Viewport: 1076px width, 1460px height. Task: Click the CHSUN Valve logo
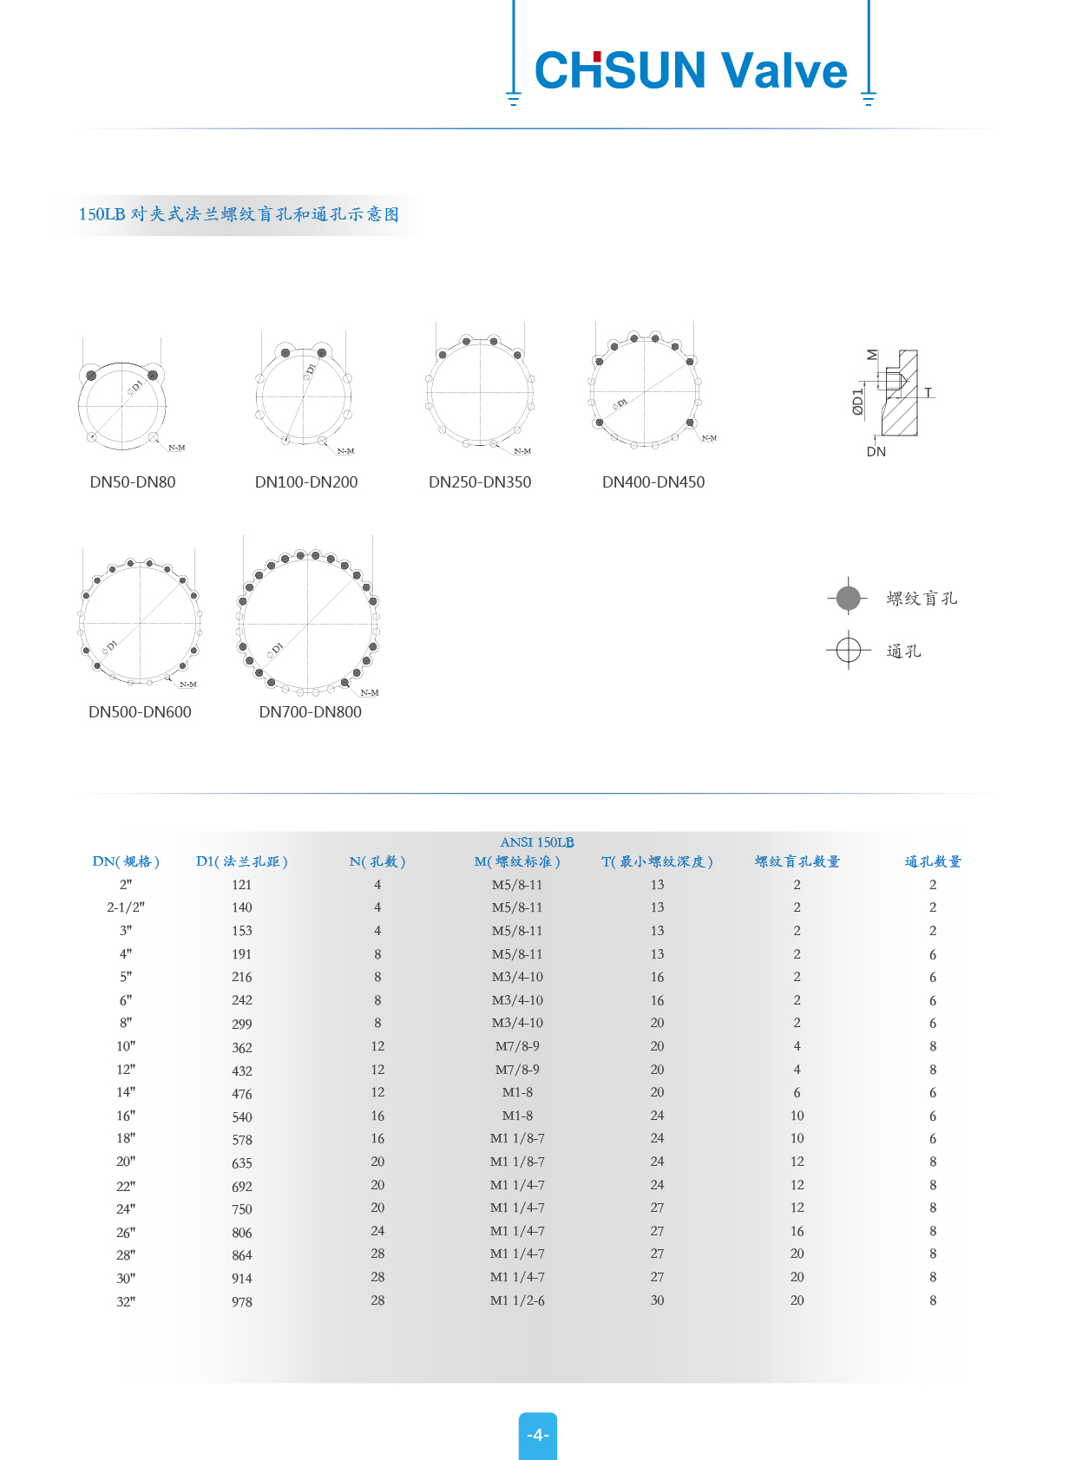[x=691, y=70]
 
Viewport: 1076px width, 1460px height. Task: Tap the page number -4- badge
[x=538, y=1435]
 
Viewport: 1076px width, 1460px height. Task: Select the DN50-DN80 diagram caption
[x=133, y=482]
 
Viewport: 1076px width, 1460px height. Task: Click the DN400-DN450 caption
[x=653, y=482]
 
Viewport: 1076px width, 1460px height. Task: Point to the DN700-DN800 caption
[x=310, y=712]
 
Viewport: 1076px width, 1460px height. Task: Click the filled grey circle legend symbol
[x=849, y=598]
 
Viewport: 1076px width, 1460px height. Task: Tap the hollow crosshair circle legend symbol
[x=849, y=650]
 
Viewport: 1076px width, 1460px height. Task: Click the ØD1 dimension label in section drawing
[x=858, y=402]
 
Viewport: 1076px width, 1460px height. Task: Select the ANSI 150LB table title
[x=537, y=842]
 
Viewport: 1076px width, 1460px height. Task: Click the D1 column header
[x=242, y=861]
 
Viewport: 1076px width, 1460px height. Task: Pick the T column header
[x=657, y=861]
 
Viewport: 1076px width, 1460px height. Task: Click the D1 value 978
[x=242, y=1301]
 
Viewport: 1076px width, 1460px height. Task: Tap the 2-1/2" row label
[x=126, y=907]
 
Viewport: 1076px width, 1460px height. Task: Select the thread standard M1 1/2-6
[x=517, y=1300]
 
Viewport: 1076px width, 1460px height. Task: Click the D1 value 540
[x=242, y=1116]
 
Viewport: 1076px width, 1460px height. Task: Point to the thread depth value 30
[x=657, y=1300]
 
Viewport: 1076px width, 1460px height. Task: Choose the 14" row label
[x=126, y=1092]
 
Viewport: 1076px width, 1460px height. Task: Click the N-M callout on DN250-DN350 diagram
[x=522, y=451]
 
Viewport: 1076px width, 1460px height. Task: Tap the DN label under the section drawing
[x=876, y=452]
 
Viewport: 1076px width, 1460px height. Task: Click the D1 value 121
[x=242, y=885]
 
